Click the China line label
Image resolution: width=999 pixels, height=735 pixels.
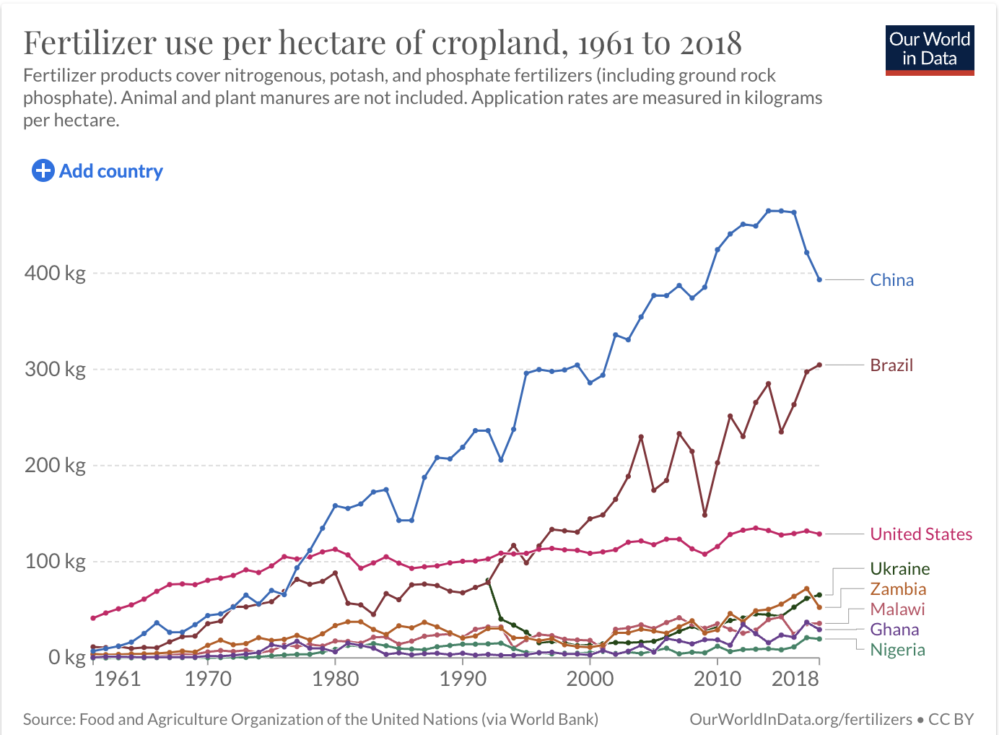891,280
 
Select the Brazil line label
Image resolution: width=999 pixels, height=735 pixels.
891,365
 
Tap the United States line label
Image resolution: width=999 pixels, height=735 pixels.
921,534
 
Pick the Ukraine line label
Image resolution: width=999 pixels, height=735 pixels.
899,569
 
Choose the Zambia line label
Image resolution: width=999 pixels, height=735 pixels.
898,589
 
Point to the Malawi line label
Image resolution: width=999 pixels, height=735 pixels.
897,609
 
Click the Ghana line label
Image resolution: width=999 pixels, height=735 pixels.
894,630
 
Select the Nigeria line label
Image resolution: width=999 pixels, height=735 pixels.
897,650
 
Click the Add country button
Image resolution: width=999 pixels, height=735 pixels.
97,171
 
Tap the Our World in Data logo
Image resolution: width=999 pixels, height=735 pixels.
930,50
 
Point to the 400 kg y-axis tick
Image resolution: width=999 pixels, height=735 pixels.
55,274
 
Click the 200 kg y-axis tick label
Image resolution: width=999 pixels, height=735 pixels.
55,466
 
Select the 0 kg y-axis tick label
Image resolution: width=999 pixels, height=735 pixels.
66,658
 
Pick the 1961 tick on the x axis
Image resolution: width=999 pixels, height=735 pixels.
117,679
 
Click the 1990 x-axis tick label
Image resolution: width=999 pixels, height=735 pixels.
463,679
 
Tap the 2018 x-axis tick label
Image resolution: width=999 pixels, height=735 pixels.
795,679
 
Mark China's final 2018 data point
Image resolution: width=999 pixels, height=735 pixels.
819,279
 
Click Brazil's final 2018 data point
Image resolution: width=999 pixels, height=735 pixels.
819,365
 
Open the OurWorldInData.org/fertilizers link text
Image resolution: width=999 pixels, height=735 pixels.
800,719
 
